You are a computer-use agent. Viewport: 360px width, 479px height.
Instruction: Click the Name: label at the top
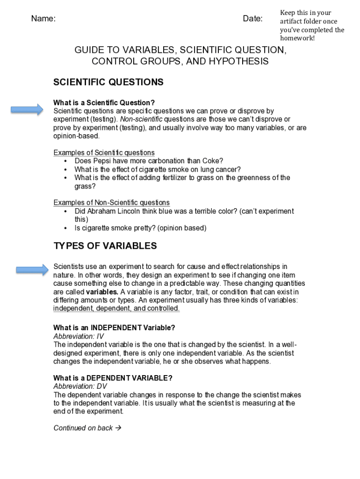(43, 19)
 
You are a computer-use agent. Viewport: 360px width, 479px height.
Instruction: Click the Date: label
(252, 19)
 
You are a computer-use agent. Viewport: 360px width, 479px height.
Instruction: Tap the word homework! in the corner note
(297, 38)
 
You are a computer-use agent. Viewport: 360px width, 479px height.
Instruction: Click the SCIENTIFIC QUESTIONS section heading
(108, 82)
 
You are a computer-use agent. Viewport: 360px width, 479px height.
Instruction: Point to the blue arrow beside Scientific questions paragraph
(27, 110)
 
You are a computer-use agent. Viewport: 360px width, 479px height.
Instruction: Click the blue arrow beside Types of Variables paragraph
(32, 269)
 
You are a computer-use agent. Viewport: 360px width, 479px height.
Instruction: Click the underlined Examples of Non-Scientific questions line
(111, 203)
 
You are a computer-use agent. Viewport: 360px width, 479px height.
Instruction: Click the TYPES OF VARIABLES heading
(105, 246)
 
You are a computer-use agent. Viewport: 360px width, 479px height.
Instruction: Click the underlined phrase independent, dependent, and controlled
(116, 309)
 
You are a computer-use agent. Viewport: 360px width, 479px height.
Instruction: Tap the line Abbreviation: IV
(79, 336)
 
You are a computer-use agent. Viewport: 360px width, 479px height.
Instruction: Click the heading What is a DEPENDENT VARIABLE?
(113, 378)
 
